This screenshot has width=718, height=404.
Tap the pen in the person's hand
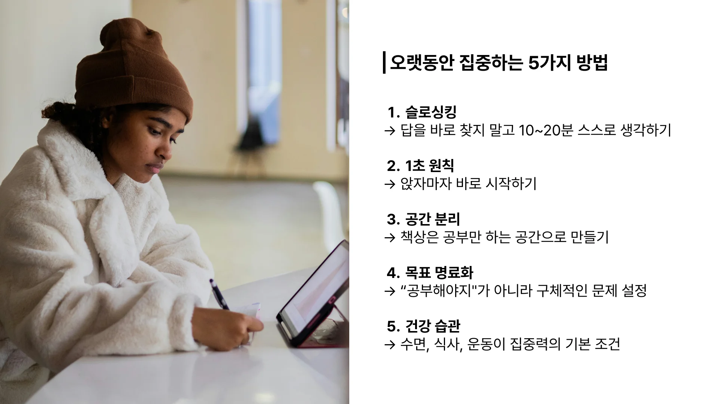pos(218,294)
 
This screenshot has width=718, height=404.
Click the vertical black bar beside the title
pos(384,63)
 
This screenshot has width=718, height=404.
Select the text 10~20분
pos(541,130)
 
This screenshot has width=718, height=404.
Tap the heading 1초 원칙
pos(430,166)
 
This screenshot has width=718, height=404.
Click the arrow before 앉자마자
pos(390,184)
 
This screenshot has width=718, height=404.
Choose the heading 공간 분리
pos(433,219)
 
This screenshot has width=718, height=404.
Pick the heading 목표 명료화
pos(439,273)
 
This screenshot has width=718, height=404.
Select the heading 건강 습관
pos(433,326)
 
